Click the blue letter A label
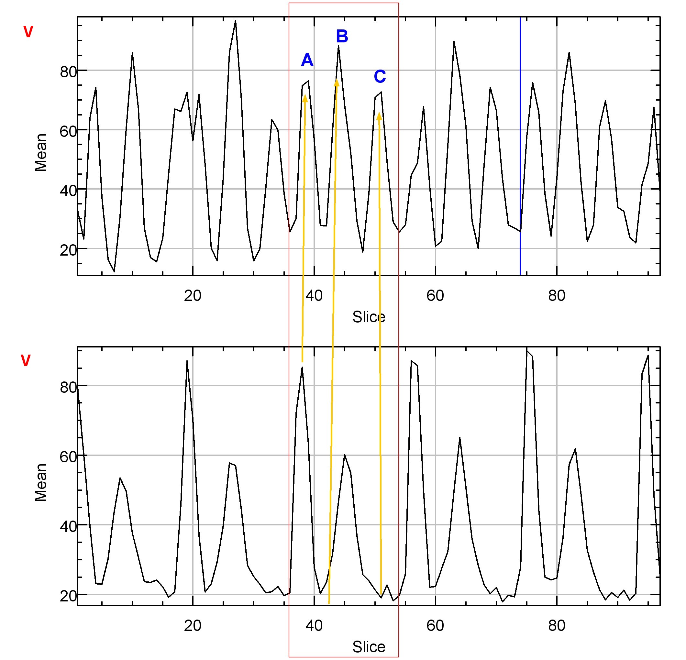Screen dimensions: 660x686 [x=307, y=60]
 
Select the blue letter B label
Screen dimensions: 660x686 [x=342, y=36]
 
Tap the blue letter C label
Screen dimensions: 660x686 [x=380, y=77]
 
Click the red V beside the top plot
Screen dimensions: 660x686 [x=28, y=32]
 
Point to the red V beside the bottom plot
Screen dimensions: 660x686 [x=26, y=360]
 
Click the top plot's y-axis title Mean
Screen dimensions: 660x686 [x=41, y=152]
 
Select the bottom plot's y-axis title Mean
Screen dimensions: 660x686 [x=41, y=482]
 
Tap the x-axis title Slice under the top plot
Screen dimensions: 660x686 [x=369, y=317]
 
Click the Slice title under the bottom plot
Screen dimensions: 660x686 [x=369, y=647]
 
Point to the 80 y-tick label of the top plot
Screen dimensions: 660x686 [x=68, y=72]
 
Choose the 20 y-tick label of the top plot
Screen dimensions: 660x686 [x=68, y=250]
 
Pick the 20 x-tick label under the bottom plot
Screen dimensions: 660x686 [x=193, y=626]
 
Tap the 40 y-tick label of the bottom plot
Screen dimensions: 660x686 [x=68, y=526]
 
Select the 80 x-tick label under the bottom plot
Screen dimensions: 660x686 [x=557, y=626]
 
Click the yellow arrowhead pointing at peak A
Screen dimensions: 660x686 [x=305, y=98]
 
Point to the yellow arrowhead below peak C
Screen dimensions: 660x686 [x=379, y=116]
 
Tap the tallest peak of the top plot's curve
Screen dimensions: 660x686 [x=235, y=21]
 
